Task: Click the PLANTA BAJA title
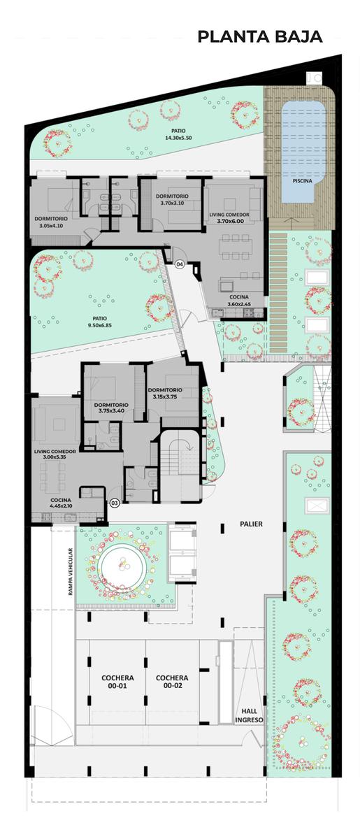coord(259,36)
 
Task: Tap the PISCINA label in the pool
coord(302,180)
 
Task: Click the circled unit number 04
coord(180,264)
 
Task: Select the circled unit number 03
coord(114,503)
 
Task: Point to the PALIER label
coord(251,524)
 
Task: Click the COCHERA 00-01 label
coord(117,681)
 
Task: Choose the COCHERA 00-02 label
coord(172,681)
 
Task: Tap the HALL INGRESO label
coord(249,715)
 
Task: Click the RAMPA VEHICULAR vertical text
coord(70,572)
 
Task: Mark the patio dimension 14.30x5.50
coord(179,138)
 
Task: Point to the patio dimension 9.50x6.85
coord(100,325)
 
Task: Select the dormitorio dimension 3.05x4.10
coord(51,225)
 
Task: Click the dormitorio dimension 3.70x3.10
coord(173,203)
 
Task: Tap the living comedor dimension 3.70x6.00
coord(231,221)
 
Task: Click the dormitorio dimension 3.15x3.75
coord(165,396)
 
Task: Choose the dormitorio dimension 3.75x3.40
coord(111,410)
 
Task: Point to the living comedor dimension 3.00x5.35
coord(55,457)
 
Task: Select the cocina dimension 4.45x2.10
coord(61,505)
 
